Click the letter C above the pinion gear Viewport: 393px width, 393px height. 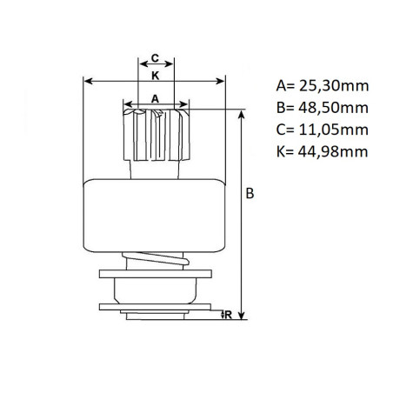(155, 58)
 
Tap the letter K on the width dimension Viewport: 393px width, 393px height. (155, 76)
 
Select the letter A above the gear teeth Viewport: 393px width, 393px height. (156, 98)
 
